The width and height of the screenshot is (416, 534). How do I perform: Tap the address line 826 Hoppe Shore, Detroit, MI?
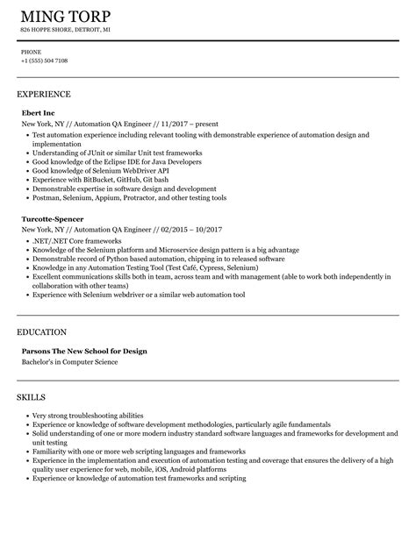(66, 31)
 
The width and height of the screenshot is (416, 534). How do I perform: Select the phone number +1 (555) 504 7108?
(44, 61)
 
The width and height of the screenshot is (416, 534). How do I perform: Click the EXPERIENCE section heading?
(44, 93)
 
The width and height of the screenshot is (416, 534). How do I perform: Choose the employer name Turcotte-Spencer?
(53, 219)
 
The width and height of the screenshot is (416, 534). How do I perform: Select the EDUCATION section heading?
(42, 332)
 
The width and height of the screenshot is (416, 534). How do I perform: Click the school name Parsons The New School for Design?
(84, 351)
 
